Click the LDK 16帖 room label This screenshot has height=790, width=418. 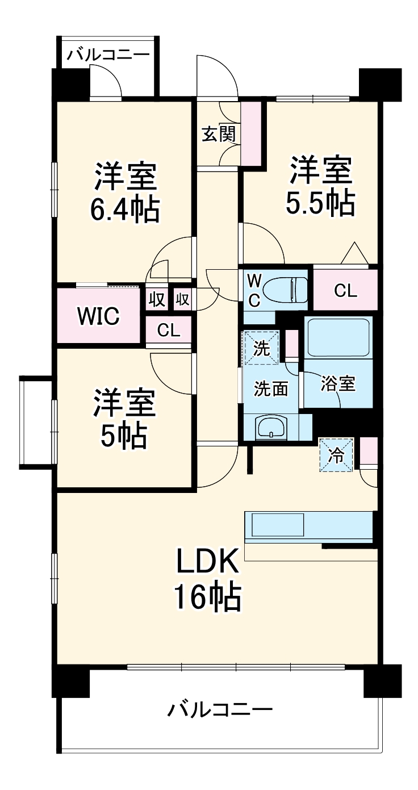click(x=207, y=579)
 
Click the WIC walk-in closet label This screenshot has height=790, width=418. click(x=98, y=316)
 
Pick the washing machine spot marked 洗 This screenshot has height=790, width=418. click(x=261, y=348)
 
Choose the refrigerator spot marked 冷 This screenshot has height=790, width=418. click(x=336, y=455)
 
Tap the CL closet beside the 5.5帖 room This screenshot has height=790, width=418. click(x=345, y=291)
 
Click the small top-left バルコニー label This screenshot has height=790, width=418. click(x=108, y=55)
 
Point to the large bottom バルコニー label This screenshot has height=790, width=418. click(x=220, y=710)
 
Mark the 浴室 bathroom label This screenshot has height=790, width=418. click(x=338, y=384)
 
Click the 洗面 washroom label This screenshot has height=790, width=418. click(x=270, y=388)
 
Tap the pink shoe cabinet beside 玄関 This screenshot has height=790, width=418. click(x=250, y=132)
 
